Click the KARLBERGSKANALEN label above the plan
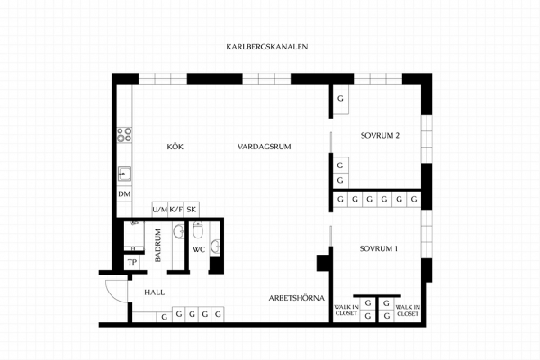click(267, 47)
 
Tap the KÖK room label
click(175, 147)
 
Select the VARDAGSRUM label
click(264, 147)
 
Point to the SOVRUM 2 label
click(380, 135)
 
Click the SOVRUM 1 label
click(379, 248)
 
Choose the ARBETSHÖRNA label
click(296, 298)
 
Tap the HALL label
click(154, 292)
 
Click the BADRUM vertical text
click(158, 246)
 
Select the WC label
click(199, 250)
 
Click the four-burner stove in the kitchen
click(124, 135)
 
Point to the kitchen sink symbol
click(124, 174)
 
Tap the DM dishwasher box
click(124, 194)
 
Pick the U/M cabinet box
click(160, 210)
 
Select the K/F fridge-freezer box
click(175, 210)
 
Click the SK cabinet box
click(192, 210)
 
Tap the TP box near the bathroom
click(132, 263)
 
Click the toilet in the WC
click(198, 229)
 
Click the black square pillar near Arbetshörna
click(324, 263)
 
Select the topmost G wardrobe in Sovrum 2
click(340, 99)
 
